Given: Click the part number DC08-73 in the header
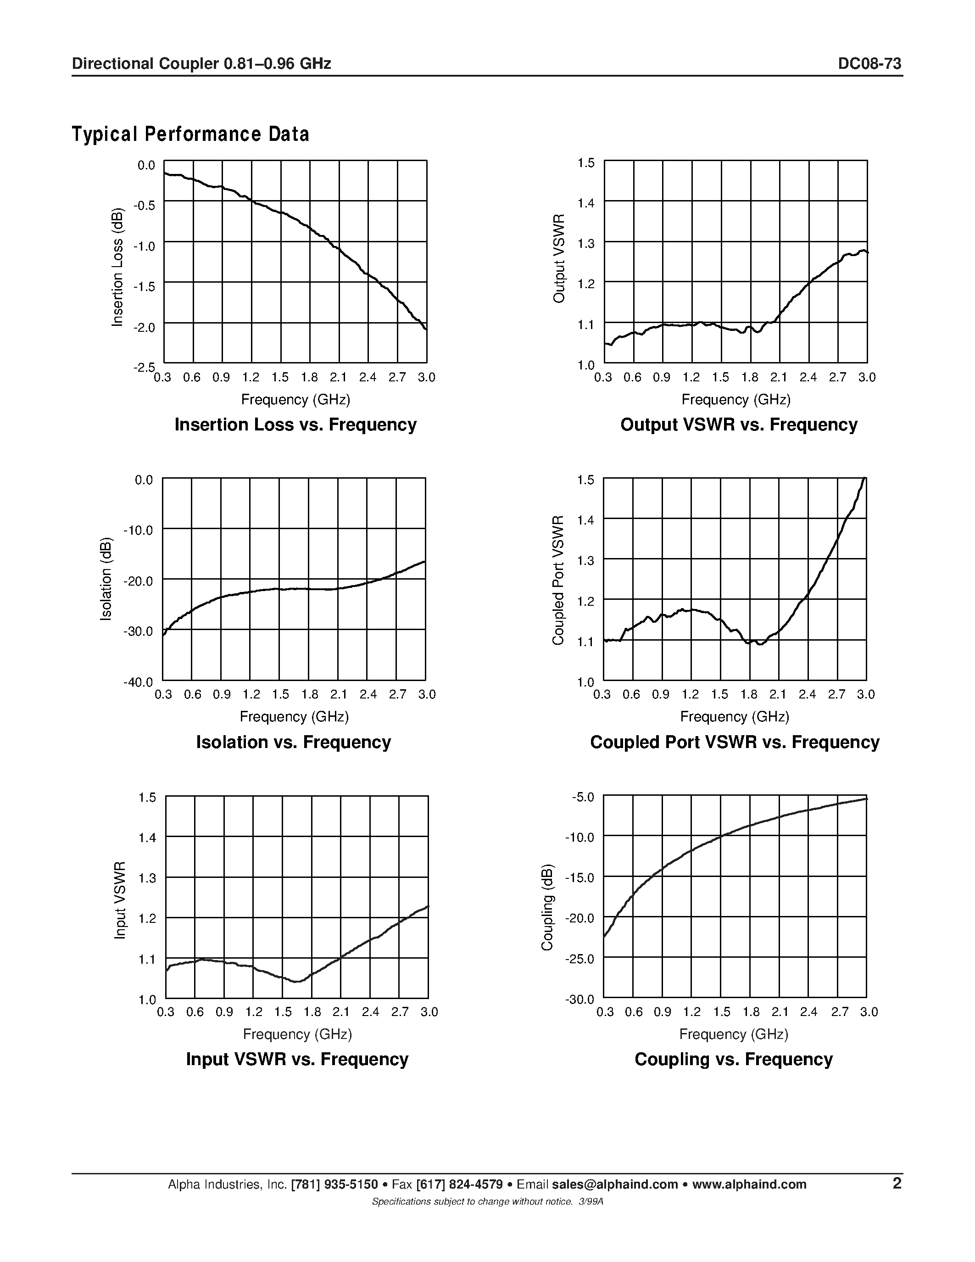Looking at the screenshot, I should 869,64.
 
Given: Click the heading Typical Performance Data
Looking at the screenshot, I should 190,134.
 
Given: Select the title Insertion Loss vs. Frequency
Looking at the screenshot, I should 295,424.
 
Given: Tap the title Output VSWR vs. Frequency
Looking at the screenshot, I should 738,424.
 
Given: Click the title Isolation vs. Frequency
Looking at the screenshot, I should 294,742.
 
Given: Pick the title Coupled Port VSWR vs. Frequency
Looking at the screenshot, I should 734,742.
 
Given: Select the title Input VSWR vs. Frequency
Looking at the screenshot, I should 297,1059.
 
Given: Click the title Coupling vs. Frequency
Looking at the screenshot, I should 734,1059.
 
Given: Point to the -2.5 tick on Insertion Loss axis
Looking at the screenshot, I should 145,368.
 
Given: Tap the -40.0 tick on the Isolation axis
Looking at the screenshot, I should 138,682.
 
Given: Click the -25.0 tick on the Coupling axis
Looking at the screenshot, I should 579,959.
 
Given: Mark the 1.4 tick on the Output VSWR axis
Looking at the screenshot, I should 586,203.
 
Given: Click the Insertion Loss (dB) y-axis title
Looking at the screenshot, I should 118,267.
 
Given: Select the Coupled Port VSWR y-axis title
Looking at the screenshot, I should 558,580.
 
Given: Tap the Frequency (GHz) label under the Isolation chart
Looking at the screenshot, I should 294,716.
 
